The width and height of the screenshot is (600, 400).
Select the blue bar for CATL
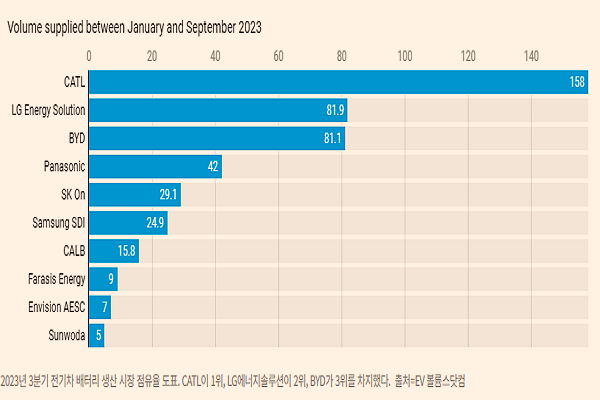(x=330, y=81)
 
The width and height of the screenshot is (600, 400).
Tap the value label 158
(x=577, y=82)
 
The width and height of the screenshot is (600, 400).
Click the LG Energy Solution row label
(x=47, y=109)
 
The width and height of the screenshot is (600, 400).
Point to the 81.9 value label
(x=334, y=109)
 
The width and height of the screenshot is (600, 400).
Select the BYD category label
(x=74, y=137)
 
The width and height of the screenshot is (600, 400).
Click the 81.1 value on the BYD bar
(x=333, y=137)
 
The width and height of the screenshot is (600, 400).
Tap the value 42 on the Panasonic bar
(x=212, y=166)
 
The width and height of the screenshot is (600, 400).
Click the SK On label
(x=71, y=194)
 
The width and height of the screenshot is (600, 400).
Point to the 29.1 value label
(x=168, y=194)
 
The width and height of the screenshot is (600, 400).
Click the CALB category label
(x=74, y=250)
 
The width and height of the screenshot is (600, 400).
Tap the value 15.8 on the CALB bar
(x=126, y=250)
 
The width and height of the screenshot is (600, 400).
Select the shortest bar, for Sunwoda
(x=97, y=335)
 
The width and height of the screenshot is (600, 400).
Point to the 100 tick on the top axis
(x=404, y=55)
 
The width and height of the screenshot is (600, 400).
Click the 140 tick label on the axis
(x=530, y=55)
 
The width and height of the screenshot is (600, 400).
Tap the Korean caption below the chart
(x=235, y=381)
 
